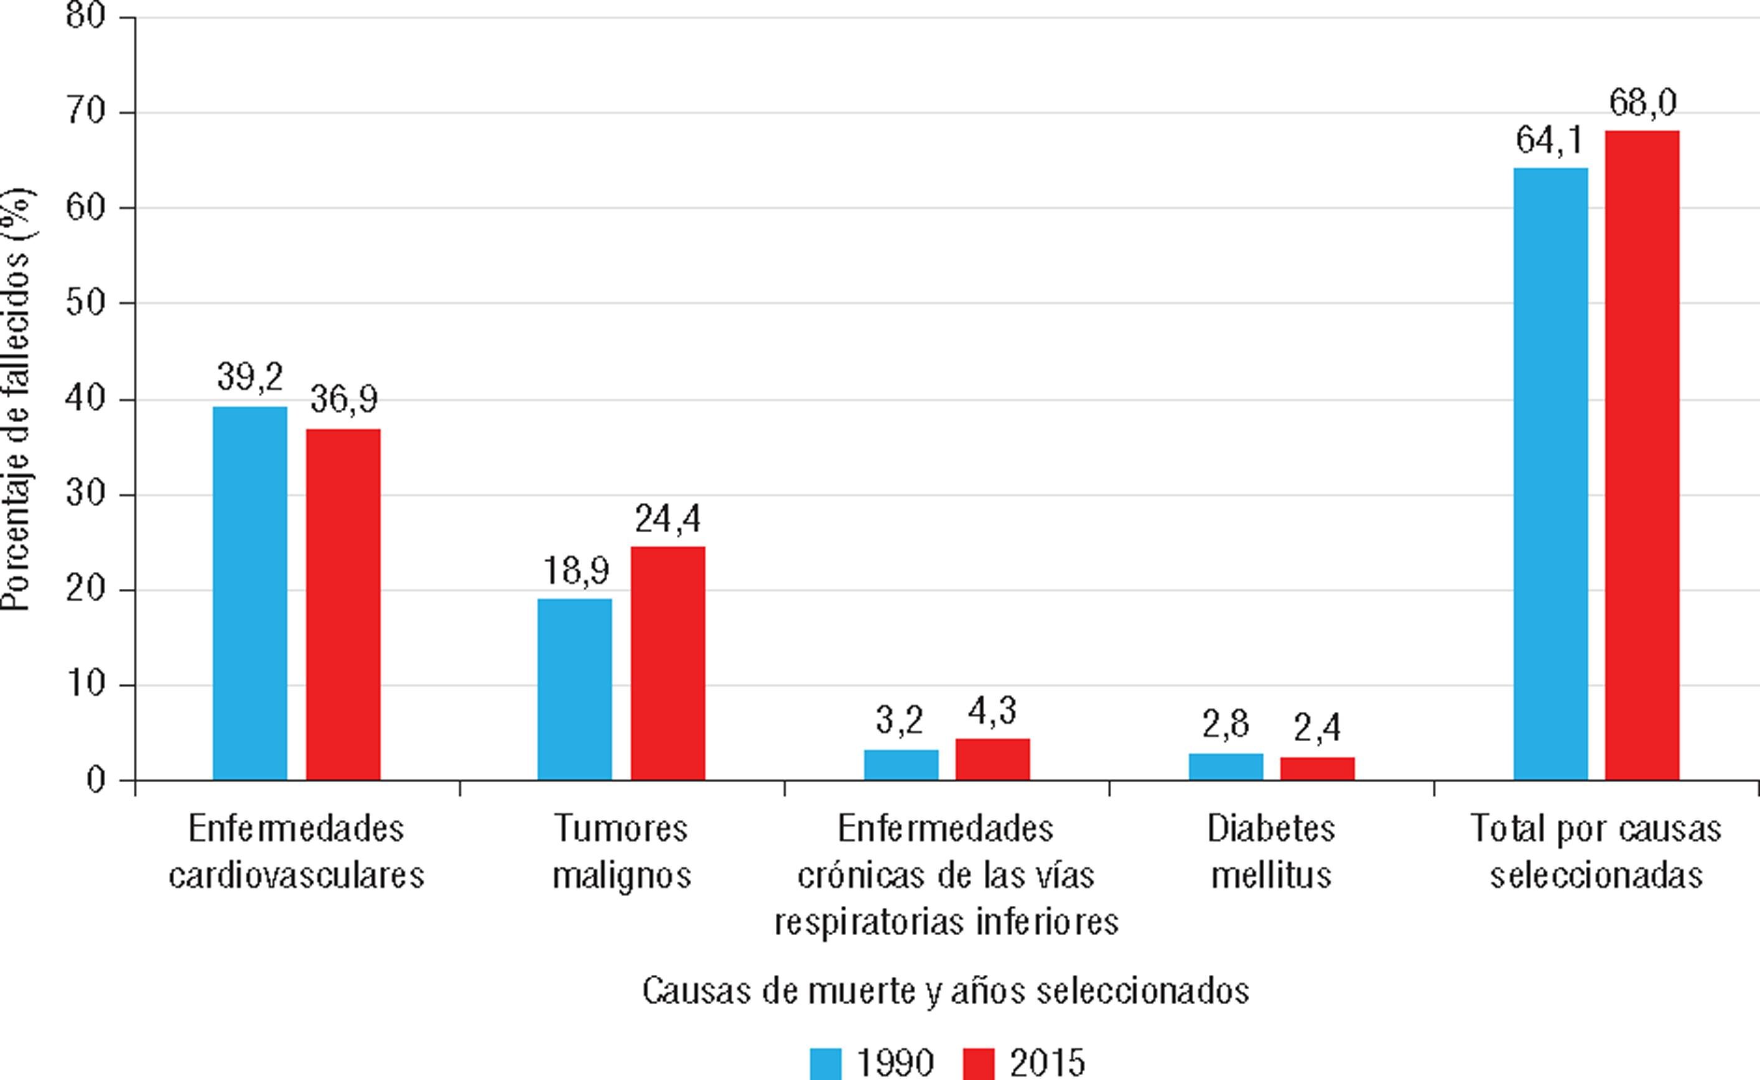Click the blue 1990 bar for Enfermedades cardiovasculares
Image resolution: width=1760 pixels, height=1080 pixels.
(x=249, y=593)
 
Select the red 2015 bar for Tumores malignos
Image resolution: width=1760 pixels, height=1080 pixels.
(x=668, y=663)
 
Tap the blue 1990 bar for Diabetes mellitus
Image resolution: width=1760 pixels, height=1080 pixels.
(x=1226, y=767)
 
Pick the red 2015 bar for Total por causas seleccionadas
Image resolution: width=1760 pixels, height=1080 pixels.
(x=1642, y=455)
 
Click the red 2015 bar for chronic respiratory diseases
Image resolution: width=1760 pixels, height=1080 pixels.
(x=992, y=759)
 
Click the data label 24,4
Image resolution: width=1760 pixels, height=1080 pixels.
(x=668, y=519)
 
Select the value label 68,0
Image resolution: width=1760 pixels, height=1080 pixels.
(x=1642, y=103)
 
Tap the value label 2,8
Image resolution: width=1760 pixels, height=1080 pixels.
(x=1226, y=725)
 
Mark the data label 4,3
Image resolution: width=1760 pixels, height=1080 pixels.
(x=992, y=711)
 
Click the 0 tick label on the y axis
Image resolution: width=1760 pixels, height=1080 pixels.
(x=96, y=780)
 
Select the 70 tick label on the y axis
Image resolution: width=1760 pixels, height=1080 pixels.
(x=86, y=112)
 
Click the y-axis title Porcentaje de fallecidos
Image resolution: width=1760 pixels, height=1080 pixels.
(x=16, y=400)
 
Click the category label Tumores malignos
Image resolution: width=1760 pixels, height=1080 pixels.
(x=621, y=852)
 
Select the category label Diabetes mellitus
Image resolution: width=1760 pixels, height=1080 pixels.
(x=1271, y=852)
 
